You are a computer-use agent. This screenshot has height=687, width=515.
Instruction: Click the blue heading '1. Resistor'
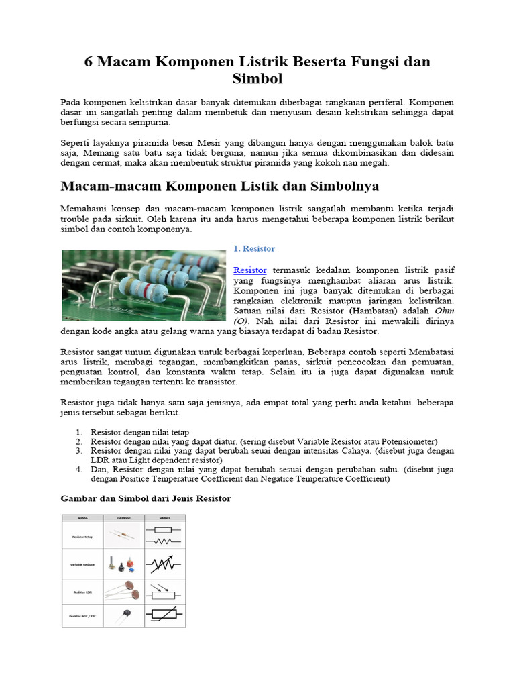(x=254, y=248)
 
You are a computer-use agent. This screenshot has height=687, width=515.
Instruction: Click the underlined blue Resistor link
(x=249, y=269)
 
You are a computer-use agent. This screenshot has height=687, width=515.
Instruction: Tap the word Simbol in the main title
(x=257, y=79)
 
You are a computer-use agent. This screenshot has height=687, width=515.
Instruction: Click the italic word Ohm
(x=443, y=311)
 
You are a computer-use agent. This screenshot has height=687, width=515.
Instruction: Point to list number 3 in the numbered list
(x=78, y=452)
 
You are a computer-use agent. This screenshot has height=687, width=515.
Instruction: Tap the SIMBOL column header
(x=164, y=518)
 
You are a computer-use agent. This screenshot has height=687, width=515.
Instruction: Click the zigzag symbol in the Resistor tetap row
(x=164, y=541)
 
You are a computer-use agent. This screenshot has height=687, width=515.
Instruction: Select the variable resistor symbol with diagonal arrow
(x=164, y=565)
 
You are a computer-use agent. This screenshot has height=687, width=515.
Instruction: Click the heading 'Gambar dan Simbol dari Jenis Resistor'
(x=146, y=498)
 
